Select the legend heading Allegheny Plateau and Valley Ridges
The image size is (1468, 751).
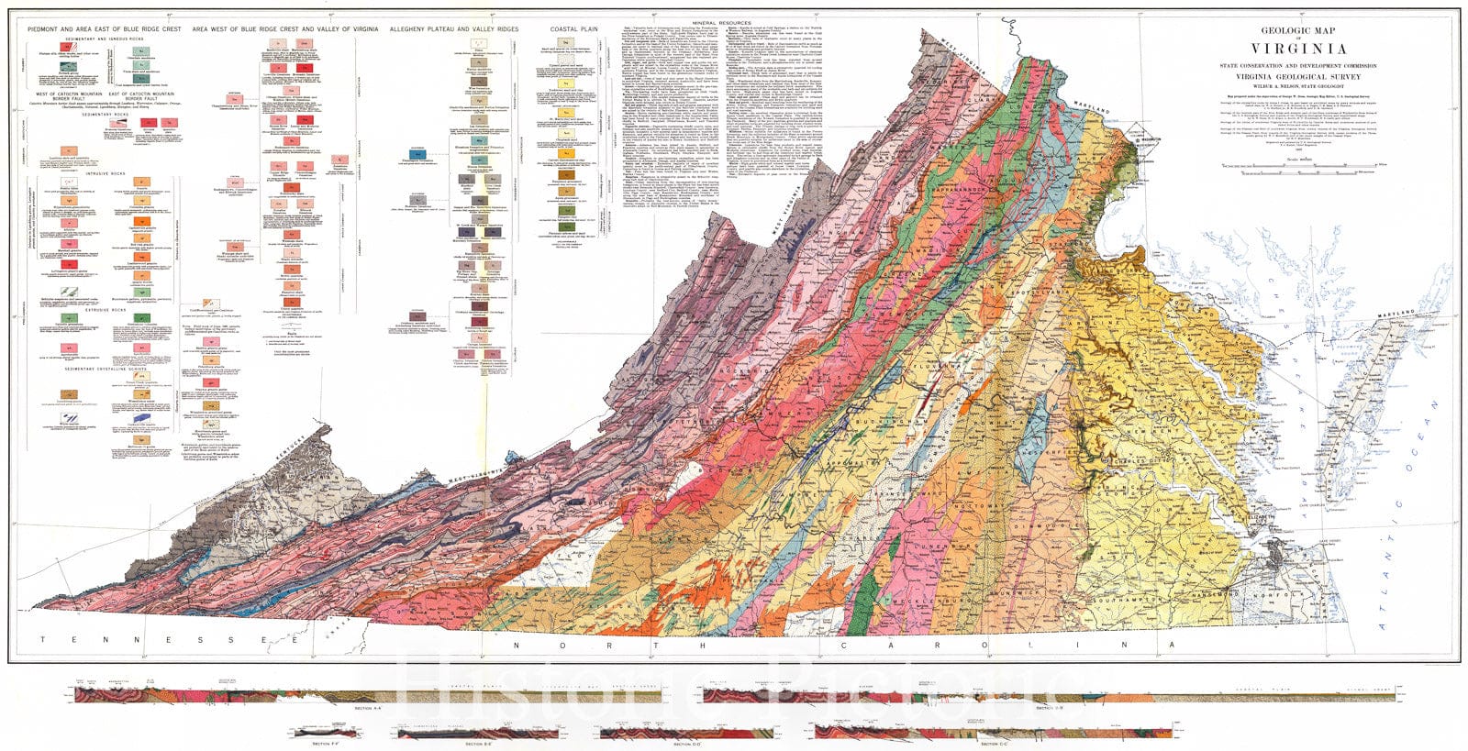click(x=453, y=29)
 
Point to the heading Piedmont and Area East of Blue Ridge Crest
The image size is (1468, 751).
click(x=97, y=29)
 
